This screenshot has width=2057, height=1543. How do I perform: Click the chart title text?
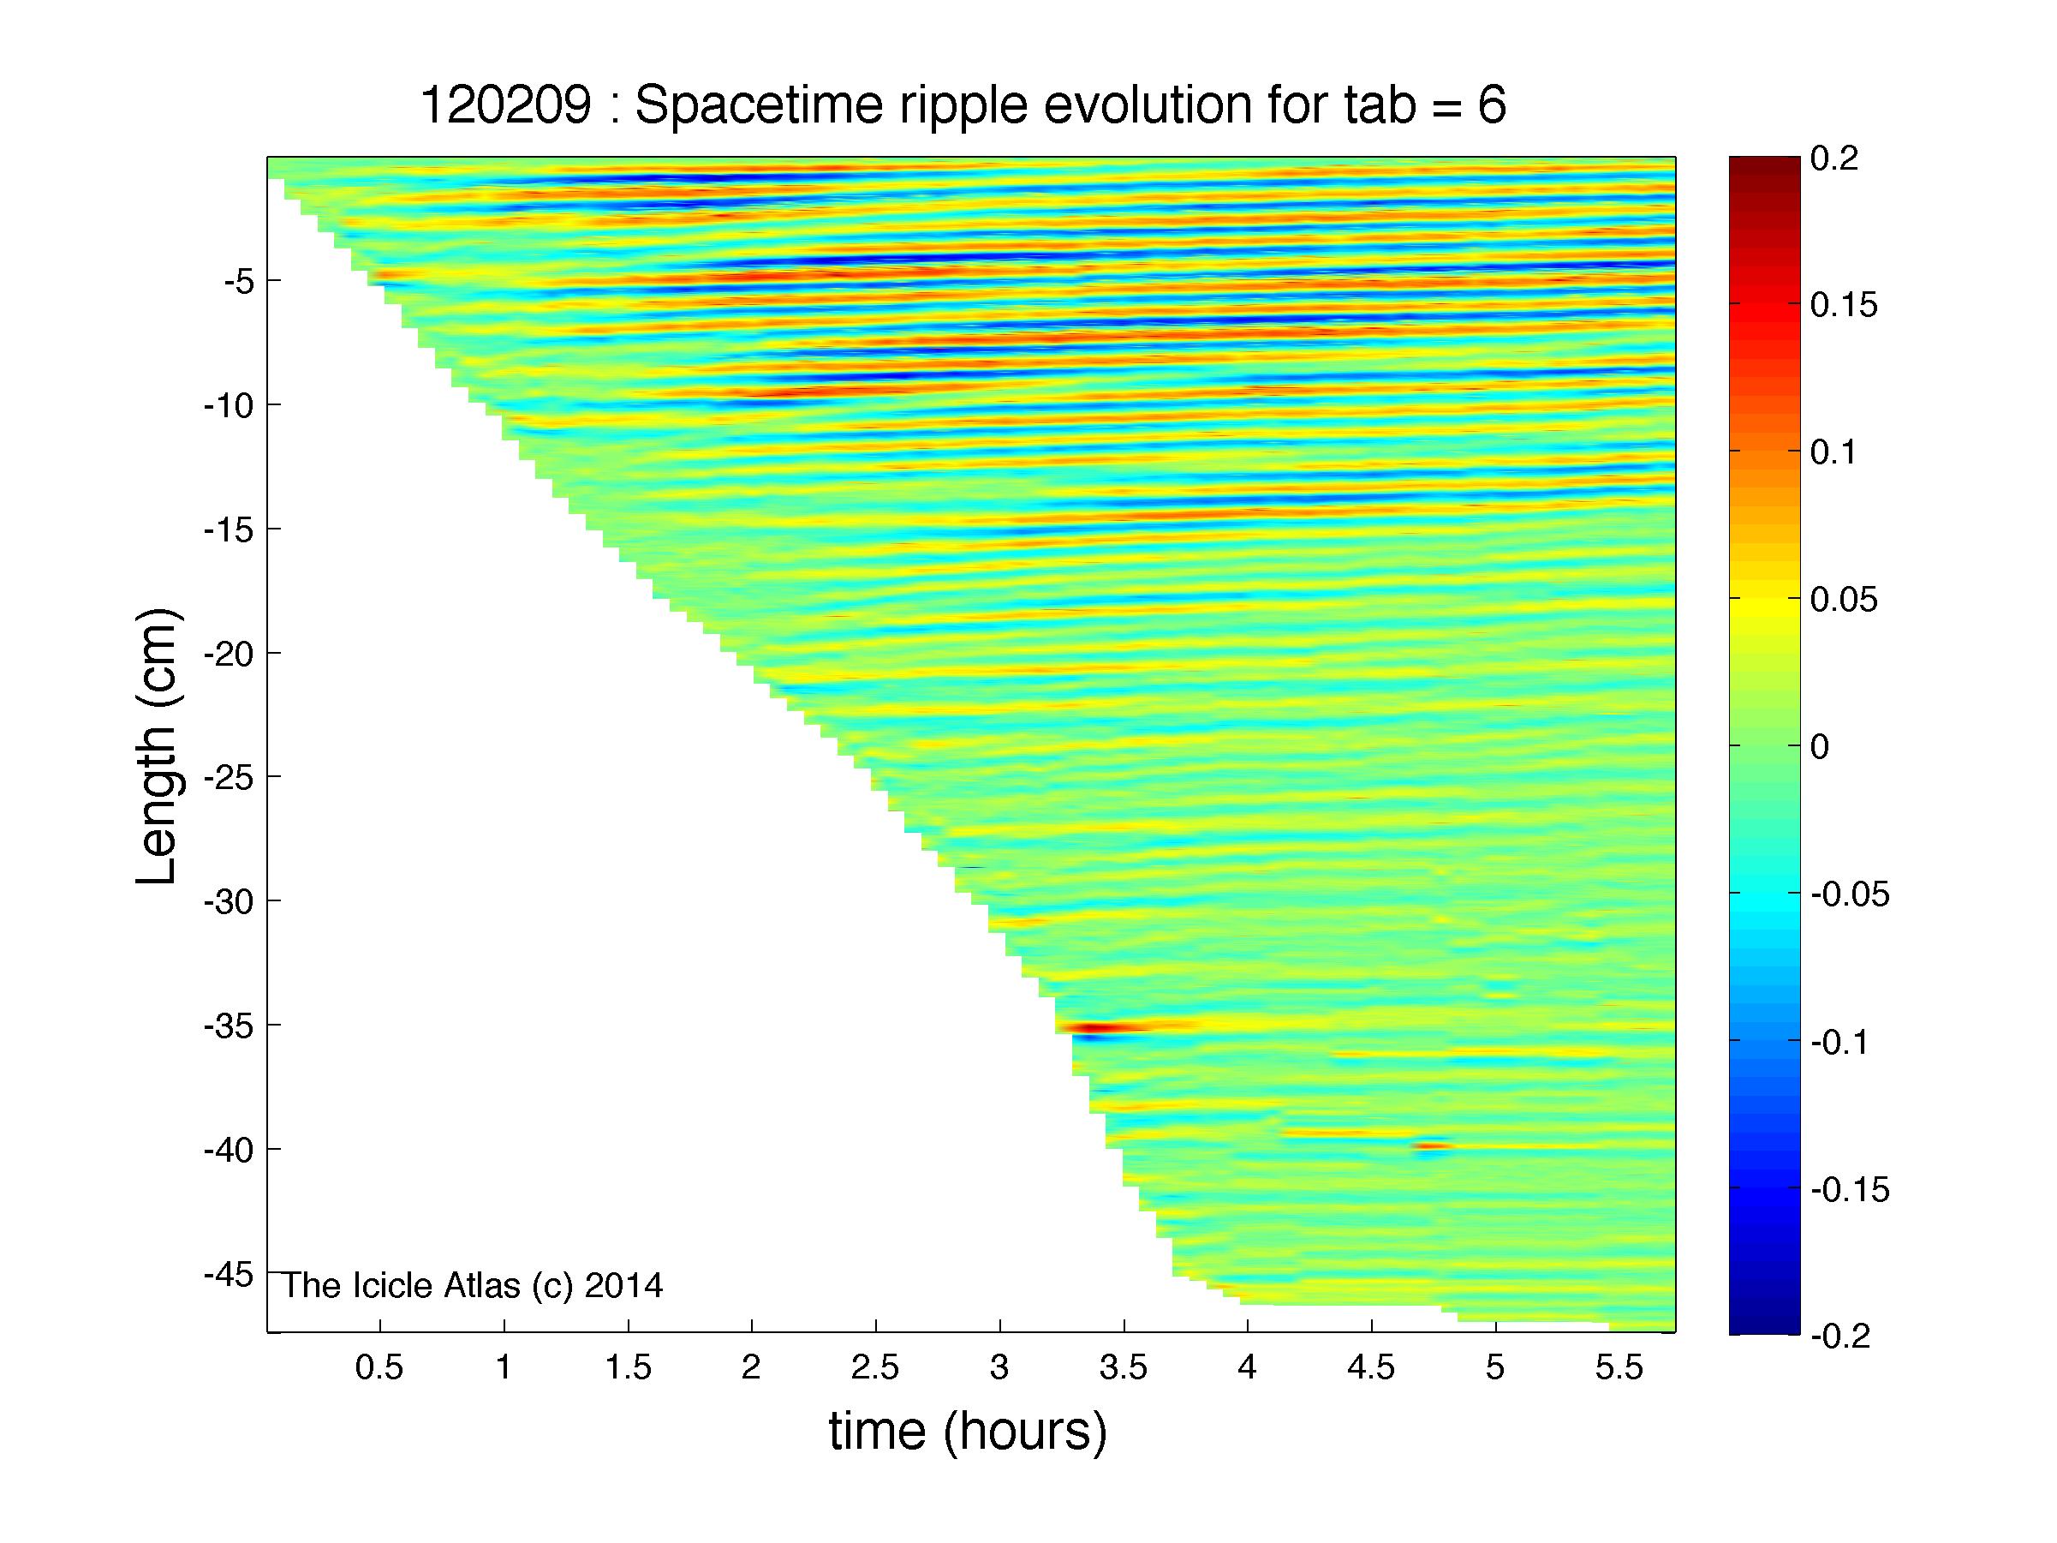point(963,105)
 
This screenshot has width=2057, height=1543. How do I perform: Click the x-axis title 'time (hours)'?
point(968,1432)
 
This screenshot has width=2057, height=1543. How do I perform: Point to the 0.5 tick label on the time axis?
point(379,1368)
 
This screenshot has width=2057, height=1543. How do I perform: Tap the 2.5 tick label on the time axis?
point(875,1368)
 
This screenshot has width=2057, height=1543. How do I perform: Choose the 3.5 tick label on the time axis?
point(1124,1368)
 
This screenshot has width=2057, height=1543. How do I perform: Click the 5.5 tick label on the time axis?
point(1619,1368)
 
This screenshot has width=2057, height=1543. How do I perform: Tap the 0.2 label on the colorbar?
point(1833,158)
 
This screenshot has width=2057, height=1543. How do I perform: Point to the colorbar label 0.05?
point(1844,599)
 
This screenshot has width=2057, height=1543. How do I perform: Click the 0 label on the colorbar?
point(1820,746)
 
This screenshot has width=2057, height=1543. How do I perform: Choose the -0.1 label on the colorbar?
point(1839,1042)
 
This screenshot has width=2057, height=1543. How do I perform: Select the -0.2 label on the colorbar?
point(1839,1336)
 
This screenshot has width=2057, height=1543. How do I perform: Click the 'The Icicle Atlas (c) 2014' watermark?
point(473,1285)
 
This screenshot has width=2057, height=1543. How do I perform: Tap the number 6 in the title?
point(1492,105)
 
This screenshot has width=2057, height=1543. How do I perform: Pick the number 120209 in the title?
point(505,105)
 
